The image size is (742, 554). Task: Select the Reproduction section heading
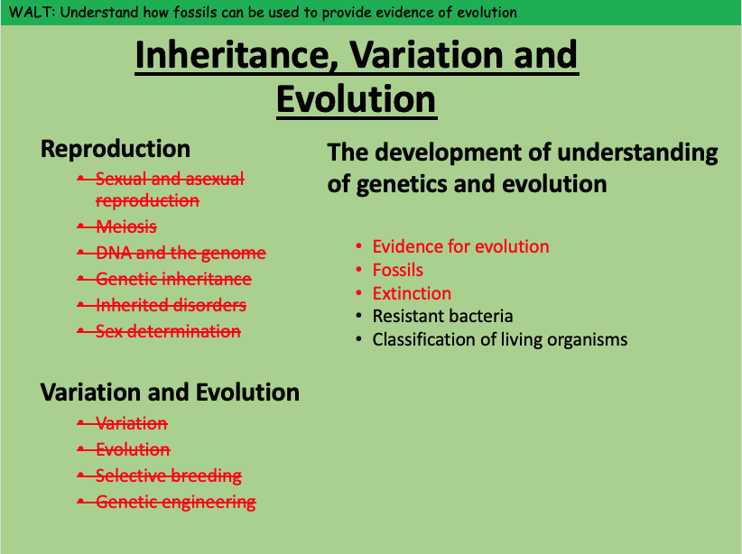click(116, 149)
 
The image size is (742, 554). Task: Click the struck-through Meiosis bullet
click(126, 226)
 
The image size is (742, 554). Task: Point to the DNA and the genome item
click(181, 254)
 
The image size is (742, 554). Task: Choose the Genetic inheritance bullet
click(173, 279)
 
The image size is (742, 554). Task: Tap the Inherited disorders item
click(171, 305)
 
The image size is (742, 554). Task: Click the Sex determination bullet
click(168, 331)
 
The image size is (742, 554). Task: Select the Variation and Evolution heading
click(170, 392)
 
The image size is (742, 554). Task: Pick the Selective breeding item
click(169, 476)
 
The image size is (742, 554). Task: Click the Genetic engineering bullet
click(175, 502)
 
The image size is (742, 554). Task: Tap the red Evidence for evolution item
click(460, 246)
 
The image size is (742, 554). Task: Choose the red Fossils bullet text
click(397, 270)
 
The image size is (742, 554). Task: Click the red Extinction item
click(412, 293)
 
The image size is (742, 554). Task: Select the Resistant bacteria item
click(442, 316)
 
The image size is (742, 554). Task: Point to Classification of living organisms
click(500, 339)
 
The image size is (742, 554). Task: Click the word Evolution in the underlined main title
click(356, 99)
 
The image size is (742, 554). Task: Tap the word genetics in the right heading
click(402, 184)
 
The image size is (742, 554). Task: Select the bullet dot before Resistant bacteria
click(359, 316)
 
